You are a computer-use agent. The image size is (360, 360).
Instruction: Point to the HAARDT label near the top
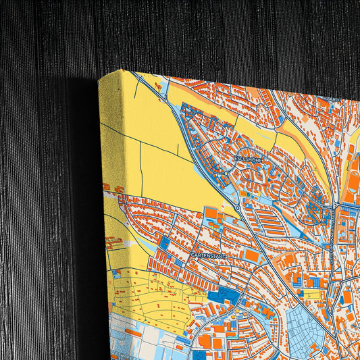[334, 99]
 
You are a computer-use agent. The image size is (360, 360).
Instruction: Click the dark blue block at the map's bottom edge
[199, 355]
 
